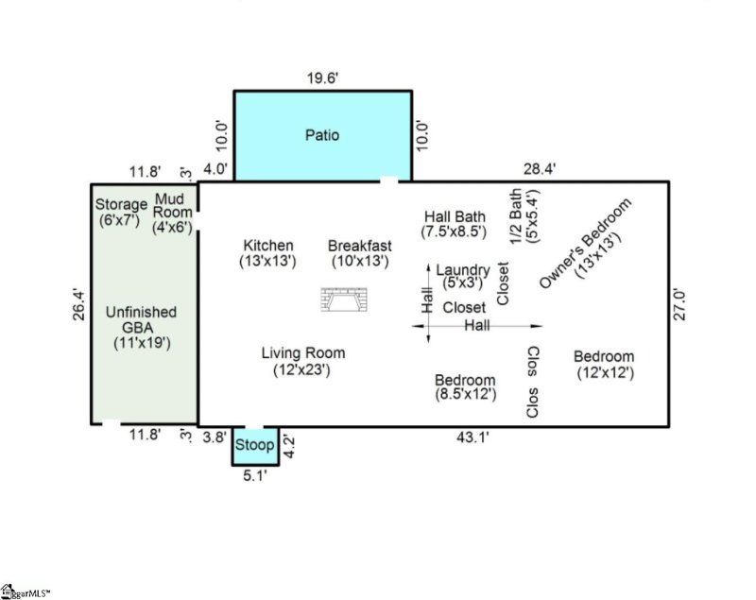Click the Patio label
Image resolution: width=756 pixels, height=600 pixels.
click(x=322, y=135)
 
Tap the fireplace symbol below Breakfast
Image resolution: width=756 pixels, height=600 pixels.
click(x=345, y=300)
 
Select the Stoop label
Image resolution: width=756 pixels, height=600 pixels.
click(x=254, y=445)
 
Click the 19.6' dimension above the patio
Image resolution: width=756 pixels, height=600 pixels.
click(x=322, y=79)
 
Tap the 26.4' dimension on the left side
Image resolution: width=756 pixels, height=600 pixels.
click(x=78, y=305)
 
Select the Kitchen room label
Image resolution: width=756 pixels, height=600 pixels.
click(x=267, y=252)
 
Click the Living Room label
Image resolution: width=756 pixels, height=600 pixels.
click(x=303, y=361)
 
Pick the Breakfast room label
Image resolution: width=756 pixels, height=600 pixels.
click(x=359, y=252)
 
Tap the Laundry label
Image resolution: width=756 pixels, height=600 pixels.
click(x=463, y=276)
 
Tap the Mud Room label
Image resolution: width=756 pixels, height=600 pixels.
click(x=172, y=213)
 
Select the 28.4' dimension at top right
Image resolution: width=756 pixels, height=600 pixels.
click(x=540, y=169)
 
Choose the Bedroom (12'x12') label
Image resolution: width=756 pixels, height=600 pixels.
click(x=604, y=364)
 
